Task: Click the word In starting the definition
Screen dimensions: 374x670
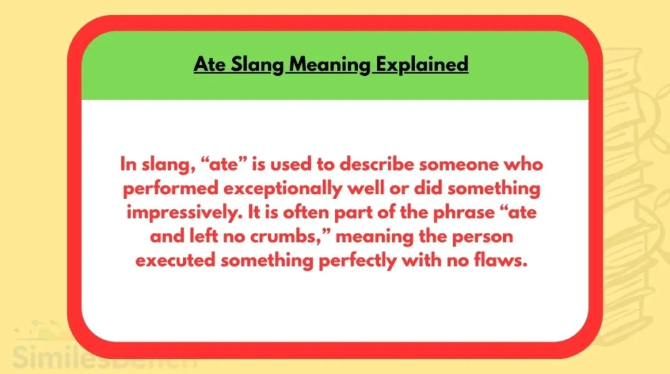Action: (127, 164)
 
